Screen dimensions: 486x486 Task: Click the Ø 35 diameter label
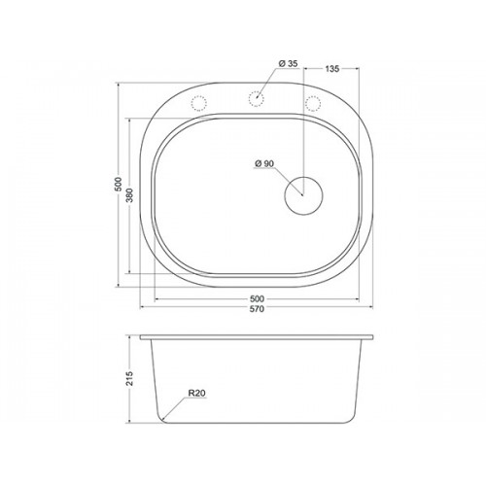[x=288, y=63]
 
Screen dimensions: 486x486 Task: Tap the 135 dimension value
[x=332, y=69]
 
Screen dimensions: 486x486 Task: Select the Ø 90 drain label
[x=264, y=164]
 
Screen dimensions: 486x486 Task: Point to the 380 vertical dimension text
[x=129, y=195]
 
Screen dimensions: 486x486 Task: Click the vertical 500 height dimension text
[x=119, y=184]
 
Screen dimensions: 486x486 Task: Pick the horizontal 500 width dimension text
[x=257, y=298]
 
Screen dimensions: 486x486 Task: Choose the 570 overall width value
[x=257, y=309]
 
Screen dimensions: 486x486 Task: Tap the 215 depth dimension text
[x=129, y=378]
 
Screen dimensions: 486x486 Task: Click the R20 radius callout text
[x=196, y=394]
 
